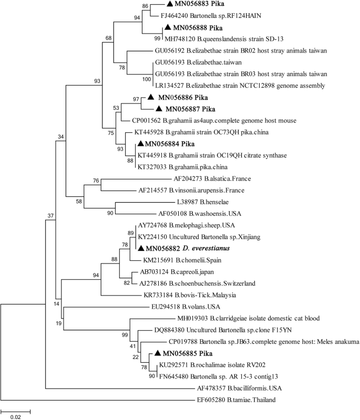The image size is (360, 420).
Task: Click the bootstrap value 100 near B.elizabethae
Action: pos(146,79)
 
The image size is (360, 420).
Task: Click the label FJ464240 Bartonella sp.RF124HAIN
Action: pos(217,16)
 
